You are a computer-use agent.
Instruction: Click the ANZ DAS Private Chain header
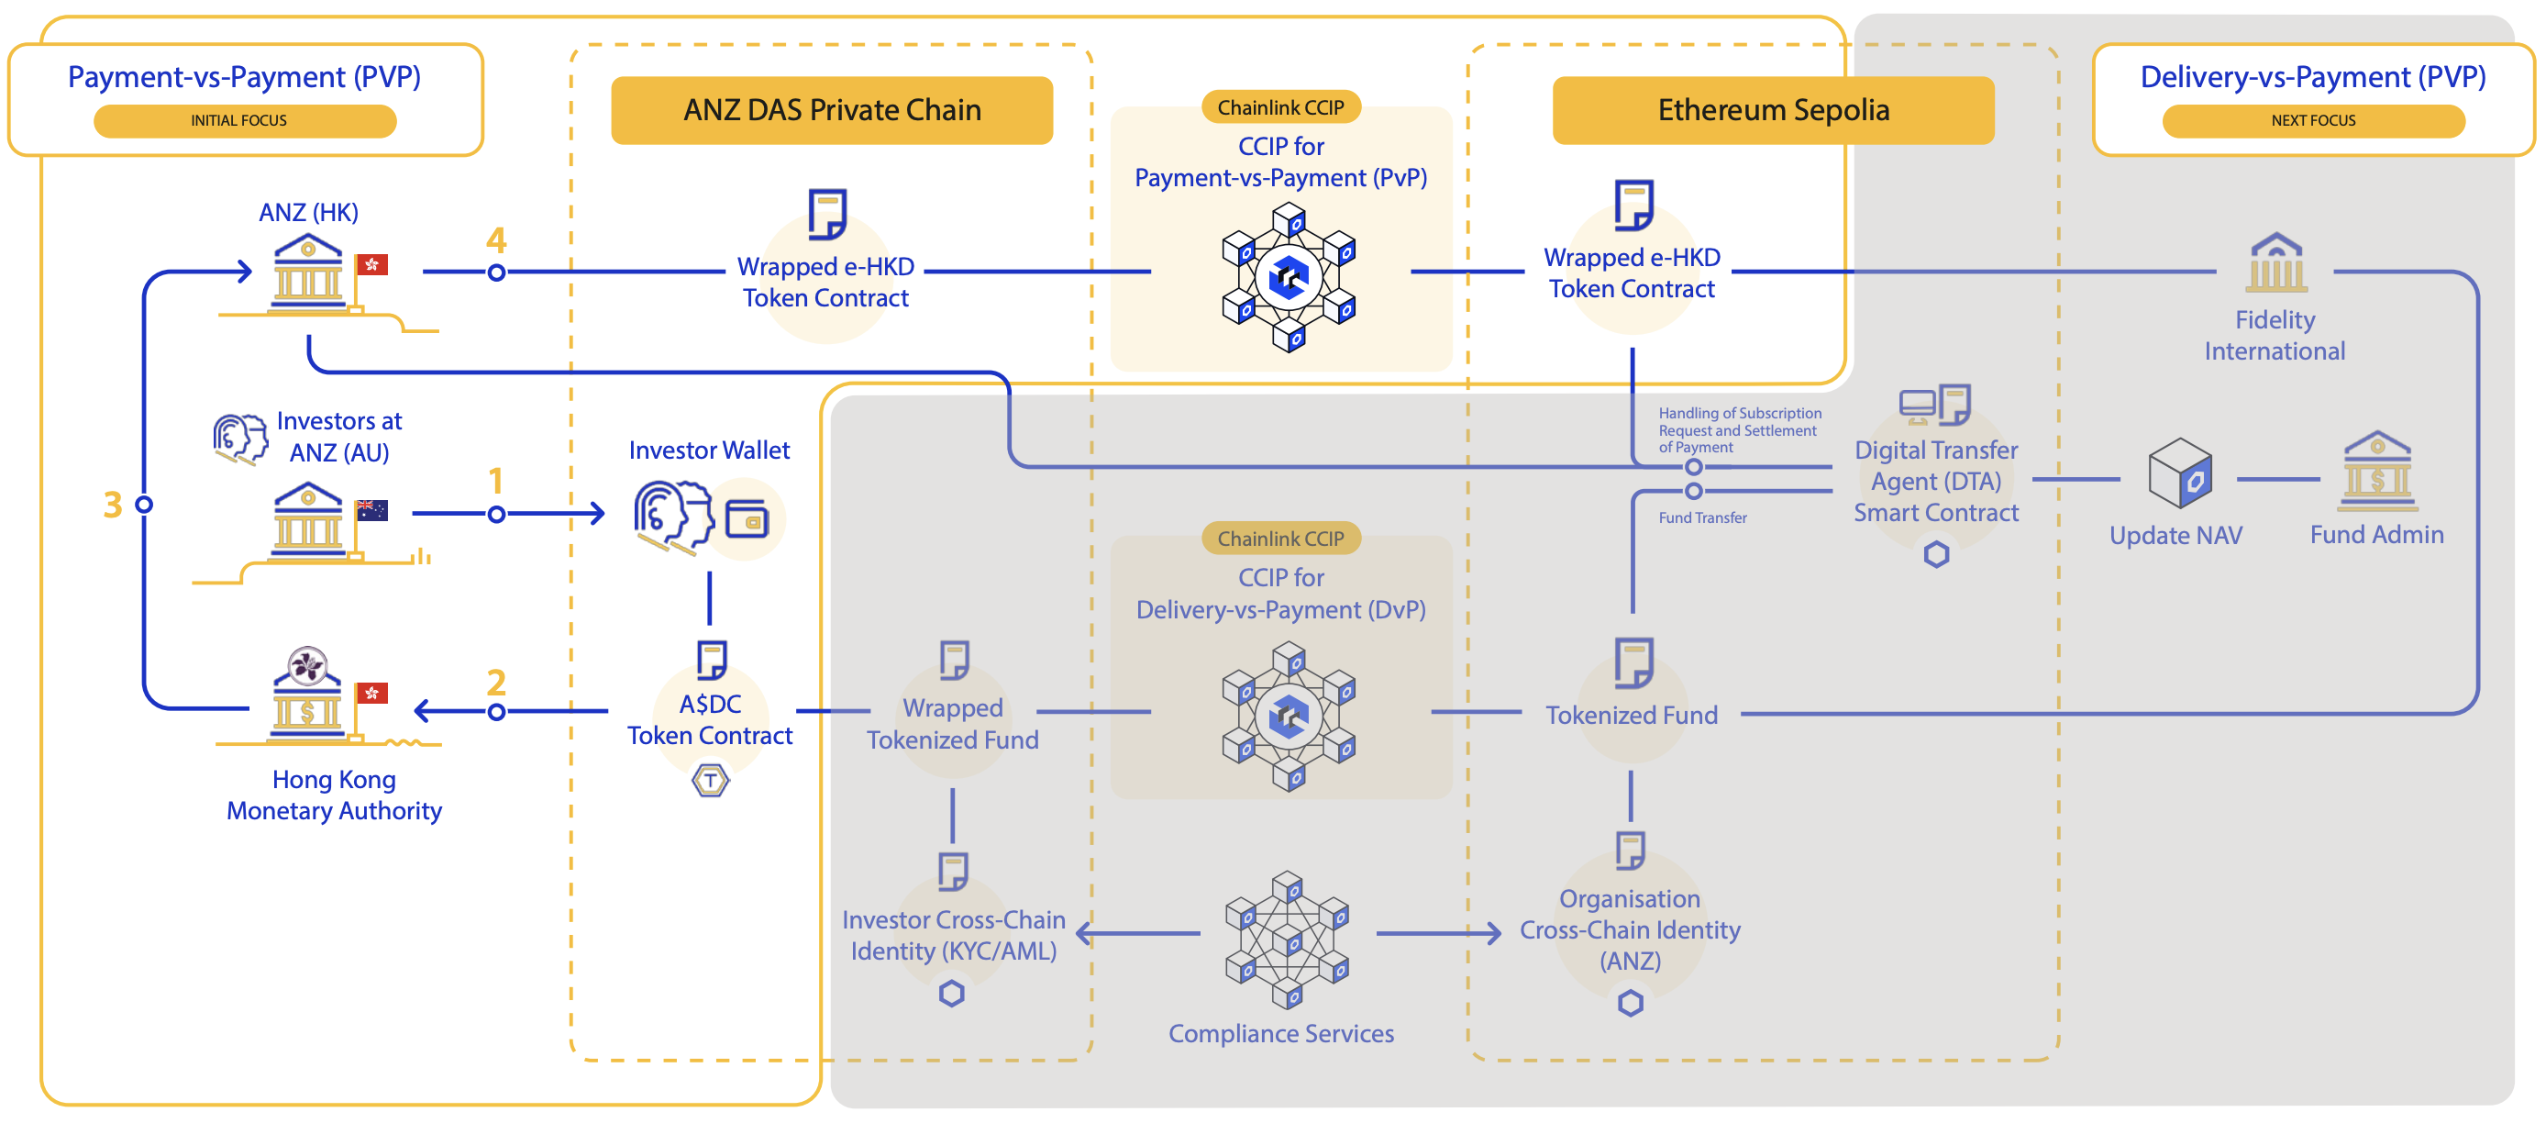click(831, 110)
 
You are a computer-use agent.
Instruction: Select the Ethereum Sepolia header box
click(1772, 110)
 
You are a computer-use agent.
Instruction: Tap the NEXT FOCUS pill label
click(2312, 120)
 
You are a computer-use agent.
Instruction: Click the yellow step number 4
click(496, 239)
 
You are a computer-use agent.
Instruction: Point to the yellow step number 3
click(113, 506)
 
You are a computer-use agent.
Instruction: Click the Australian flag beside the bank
click(371, 510)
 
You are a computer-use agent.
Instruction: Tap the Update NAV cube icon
click(2179, 473)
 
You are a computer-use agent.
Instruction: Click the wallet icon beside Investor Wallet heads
click(747, 519)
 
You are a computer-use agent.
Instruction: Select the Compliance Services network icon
click(1287, 940)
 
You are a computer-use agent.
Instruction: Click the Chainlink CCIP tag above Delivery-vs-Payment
click(1280, 539)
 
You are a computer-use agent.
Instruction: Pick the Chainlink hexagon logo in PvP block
click(1289, 277)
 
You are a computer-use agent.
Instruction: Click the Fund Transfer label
click(1702, 518)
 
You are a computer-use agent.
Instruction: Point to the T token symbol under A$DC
click(710, 781)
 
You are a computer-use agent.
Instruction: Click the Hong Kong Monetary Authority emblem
click(307, 665)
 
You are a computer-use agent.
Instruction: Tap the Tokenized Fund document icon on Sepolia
click(1633, 662)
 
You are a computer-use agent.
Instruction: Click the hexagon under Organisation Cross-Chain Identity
click(1630, 1004)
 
